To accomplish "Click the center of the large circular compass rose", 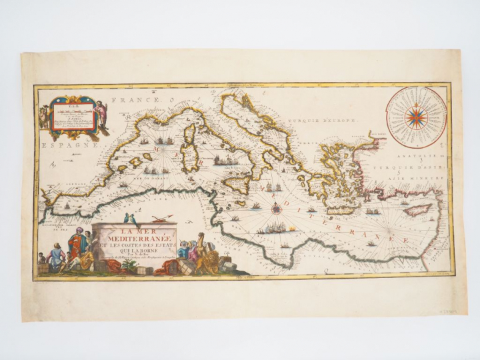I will [x=416, y=118].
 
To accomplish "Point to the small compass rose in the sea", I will [x=277, y=208].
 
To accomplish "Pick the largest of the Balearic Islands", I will [x=135, y=162].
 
